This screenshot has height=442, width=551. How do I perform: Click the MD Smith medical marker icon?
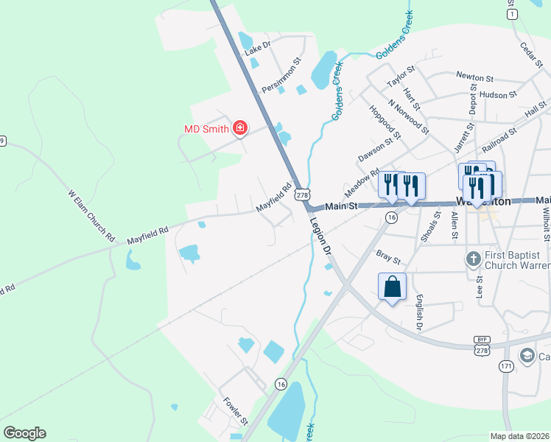point(239,129)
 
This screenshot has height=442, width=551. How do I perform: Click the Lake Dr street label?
point(259,49)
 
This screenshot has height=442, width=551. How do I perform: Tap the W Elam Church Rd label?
point(92,216)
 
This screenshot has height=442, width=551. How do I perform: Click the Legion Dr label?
point(321,235)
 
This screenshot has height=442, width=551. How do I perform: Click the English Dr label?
point(419,311)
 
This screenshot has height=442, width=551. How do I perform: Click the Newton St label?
point(474,75)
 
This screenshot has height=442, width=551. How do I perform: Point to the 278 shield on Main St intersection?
point(301,194)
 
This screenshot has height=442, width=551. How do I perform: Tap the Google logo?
point(25,433)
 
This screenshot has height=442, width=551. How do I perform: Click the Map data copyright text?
point(520,436)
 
